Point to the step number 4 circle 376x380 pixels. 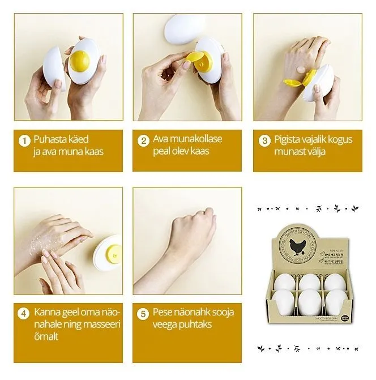(24, 314)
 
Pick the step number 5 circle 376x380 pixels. (143, 314)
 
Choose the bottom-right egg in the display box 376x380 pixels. (336, 301)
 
